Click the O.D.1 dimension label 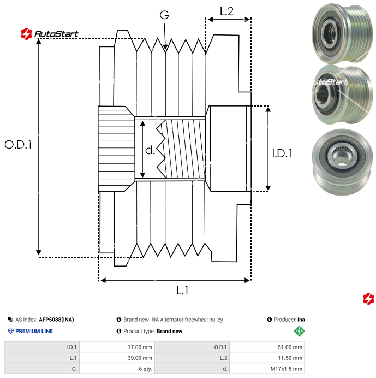coord(19,145)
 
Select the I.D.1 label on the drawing coord(282,153)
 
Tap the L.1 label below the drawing coord(182,291)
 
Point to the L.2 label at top coord(227,11)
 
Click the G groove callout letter coord(164,15)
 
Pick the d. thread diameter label coord(150,150)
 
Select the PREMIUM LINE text coord(34,331)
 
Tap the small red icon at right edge coord(368,298)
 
